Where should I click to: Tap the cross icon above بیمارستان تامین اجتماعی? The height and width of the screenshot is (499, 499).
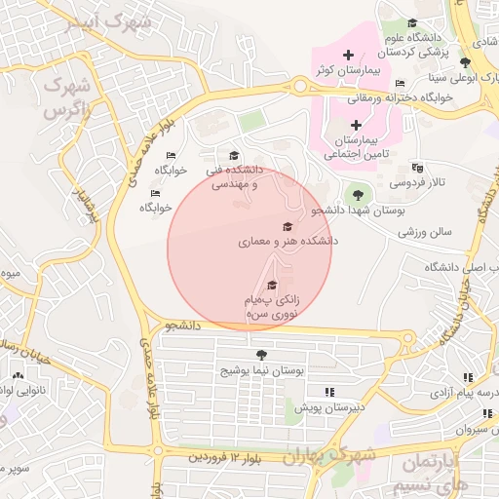(x=356, y=125)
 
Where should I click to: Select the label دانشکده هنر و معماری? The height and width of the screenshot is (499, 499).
(x=288, y=239)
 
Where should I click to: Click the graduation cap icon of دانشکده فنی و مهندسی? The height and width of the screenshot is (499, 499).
(x=233, y=156)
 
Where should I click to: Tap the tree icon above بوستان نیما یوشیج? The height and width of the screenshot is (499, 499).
(x=260, y=354)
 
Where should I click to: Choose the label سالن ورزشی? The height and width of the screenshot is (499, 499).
(x=427, y=233)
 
